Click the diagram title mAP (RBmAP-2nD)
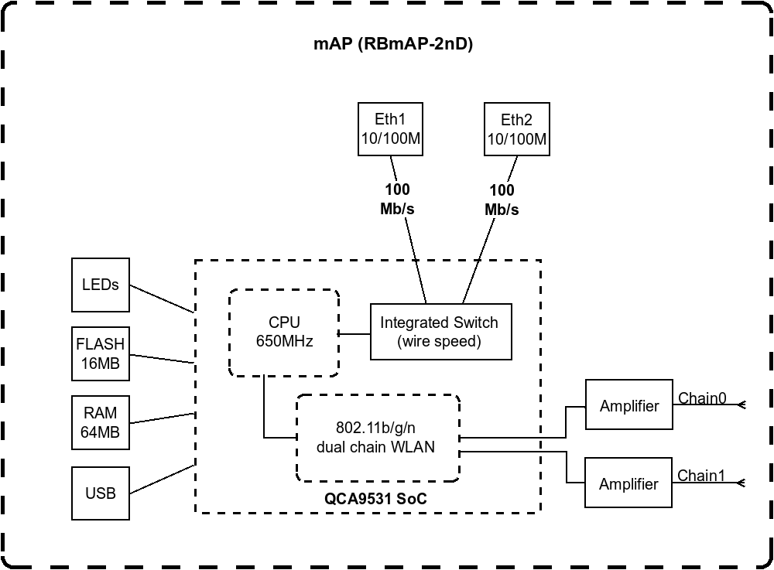(x=392, y=44)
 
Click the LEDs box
(x=101, y=285)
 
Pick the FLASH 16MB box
(x=101, y=353)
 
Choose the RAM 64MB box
(x=101, y=423)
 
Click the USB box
(x=101, y=493)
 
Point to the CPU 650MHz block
(x=284, y=332)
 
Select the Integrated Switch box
(x=440, y=332)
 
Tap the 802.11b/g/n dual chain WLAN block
(x=378, y=438)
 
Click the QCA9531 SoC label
(x=375, y=500)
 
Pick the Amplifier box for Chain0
(x=628, y=405)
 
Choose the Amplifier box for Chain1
(x=628, y=484)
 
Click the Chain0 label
(x=702, y=398)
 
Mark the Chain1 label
(x=701, y=476)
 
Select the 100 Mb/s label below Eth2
(x=502, y=200)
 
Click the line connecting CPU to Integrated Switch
(x=354, y=334)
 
